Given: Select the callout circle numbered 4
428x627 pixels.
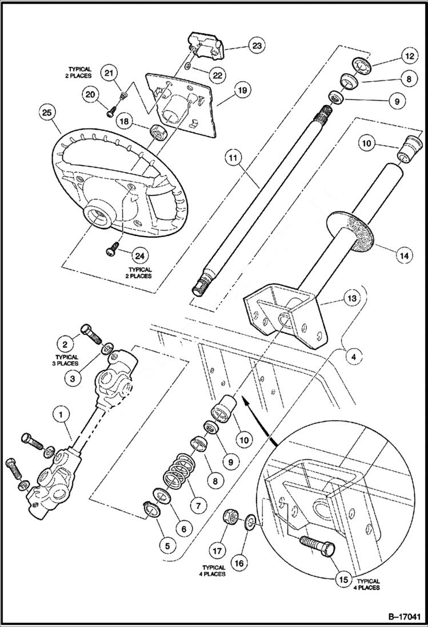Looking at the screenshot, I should click(x=354, y=356).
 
